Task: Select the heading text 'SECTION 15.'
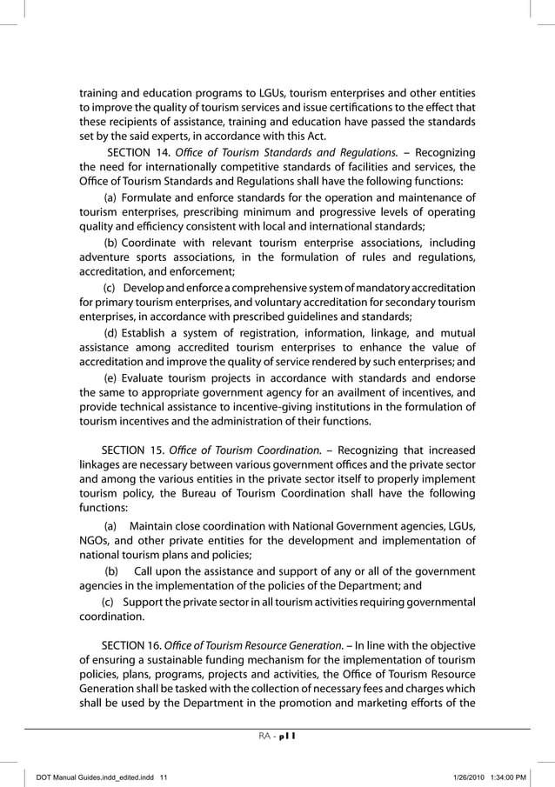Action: [x=131, y=450]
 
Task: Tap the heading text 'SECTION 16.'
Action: [x=131, y=645]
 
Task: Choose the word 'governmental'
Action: [x=436, y=602]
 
